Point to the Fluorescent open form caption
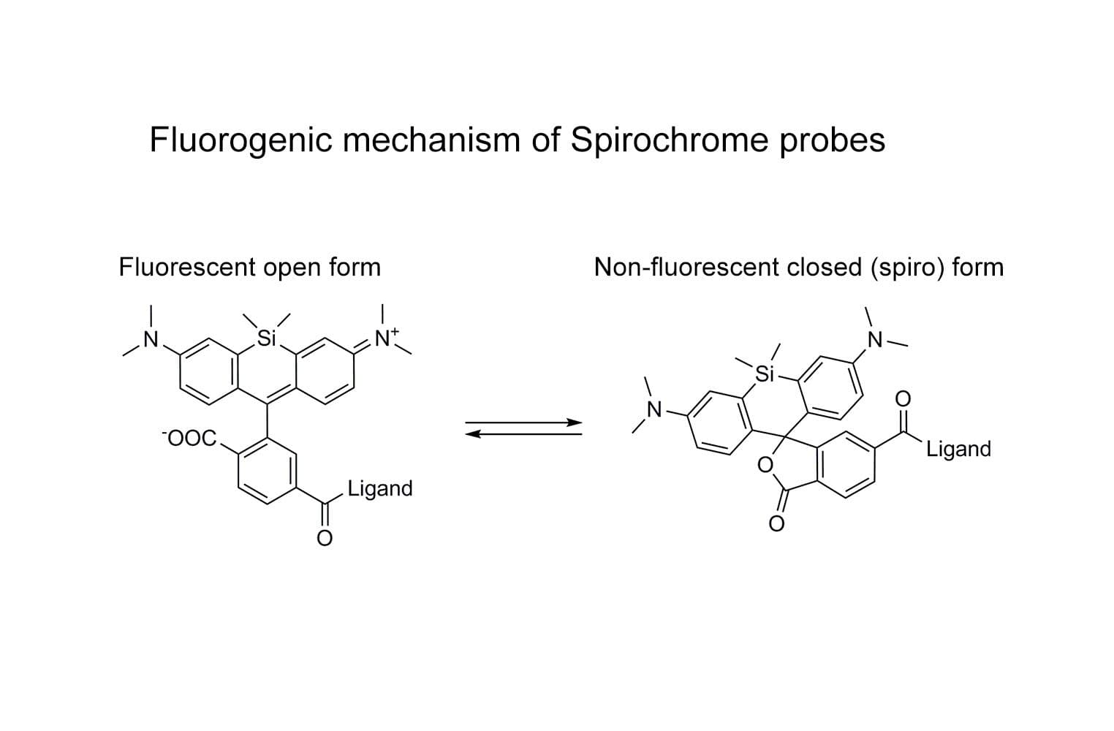click(x=250, y=268)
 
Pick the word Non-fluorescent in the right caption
click(x=686, y=268)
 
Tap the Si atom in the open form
click(x=266, y=338)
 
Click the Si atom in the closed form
click(x=764, y=375)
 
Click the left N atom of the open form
click(x=151, y=338)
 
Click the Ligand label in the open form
click(x=380, y=488)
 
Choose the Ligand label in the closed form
click(x=958, y=449)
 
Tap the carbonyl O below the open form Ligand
click(x=324, y=538)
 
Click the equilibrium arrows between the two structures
click(x=523, y=428)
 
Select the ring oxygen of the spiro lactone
click(x=765, y=464)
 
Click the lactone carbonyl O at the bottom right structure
click(x=776, y=523)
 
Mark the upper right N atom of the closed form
click(x=874, y=340)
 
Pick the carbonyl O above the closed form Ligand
click(x=903, y=398)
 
